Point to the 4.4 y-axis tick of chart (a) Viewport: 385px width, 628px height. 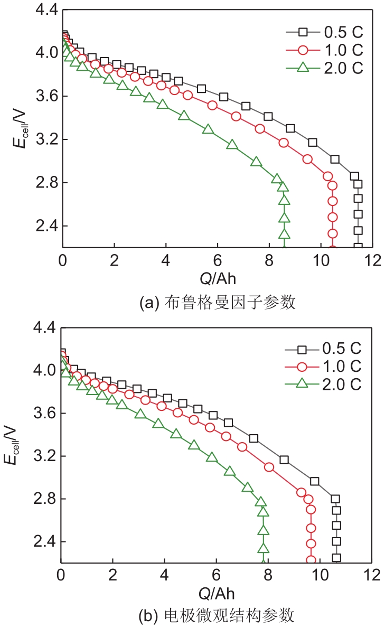coord(45,10)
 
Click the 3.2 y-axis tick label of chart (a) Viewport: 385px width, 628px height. coord(45,140)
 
